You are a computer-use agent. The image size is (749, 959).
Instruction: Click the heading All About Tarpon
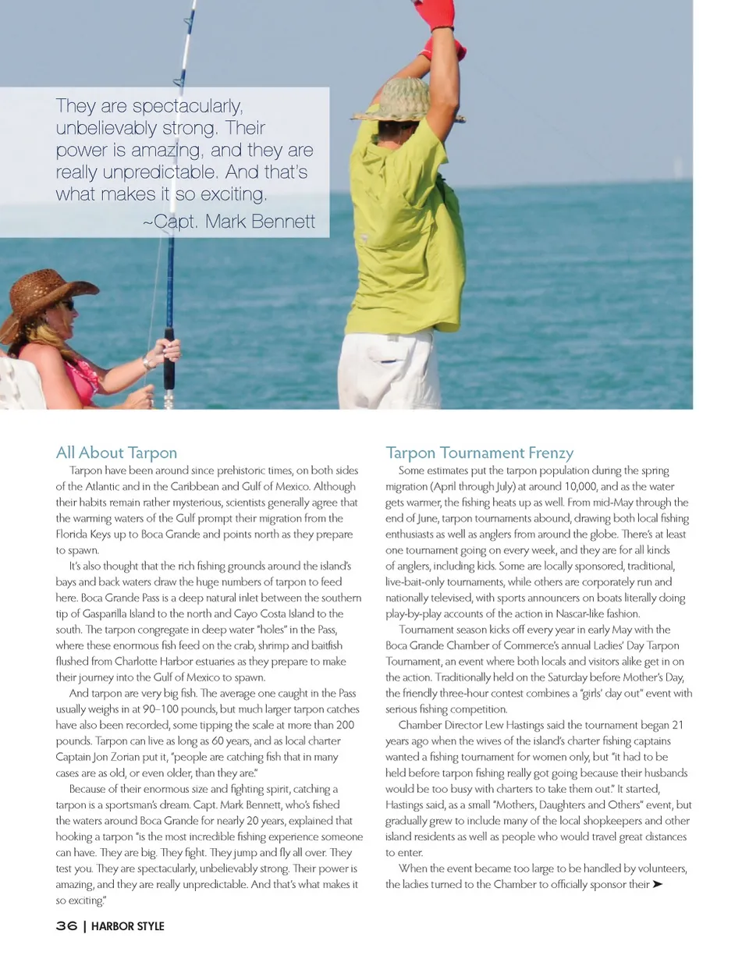point(116,453)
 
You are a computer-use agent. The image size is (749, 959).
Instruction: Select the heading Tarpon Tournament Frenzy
point(479,453)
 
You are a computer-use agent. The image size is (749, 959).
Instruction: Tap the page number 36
point(66,926)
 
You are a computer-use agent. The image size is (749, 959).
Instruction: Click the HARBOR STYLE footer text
point(127,926)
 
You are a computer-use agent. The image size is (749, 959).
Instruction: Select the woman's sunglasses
point(68,304)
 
